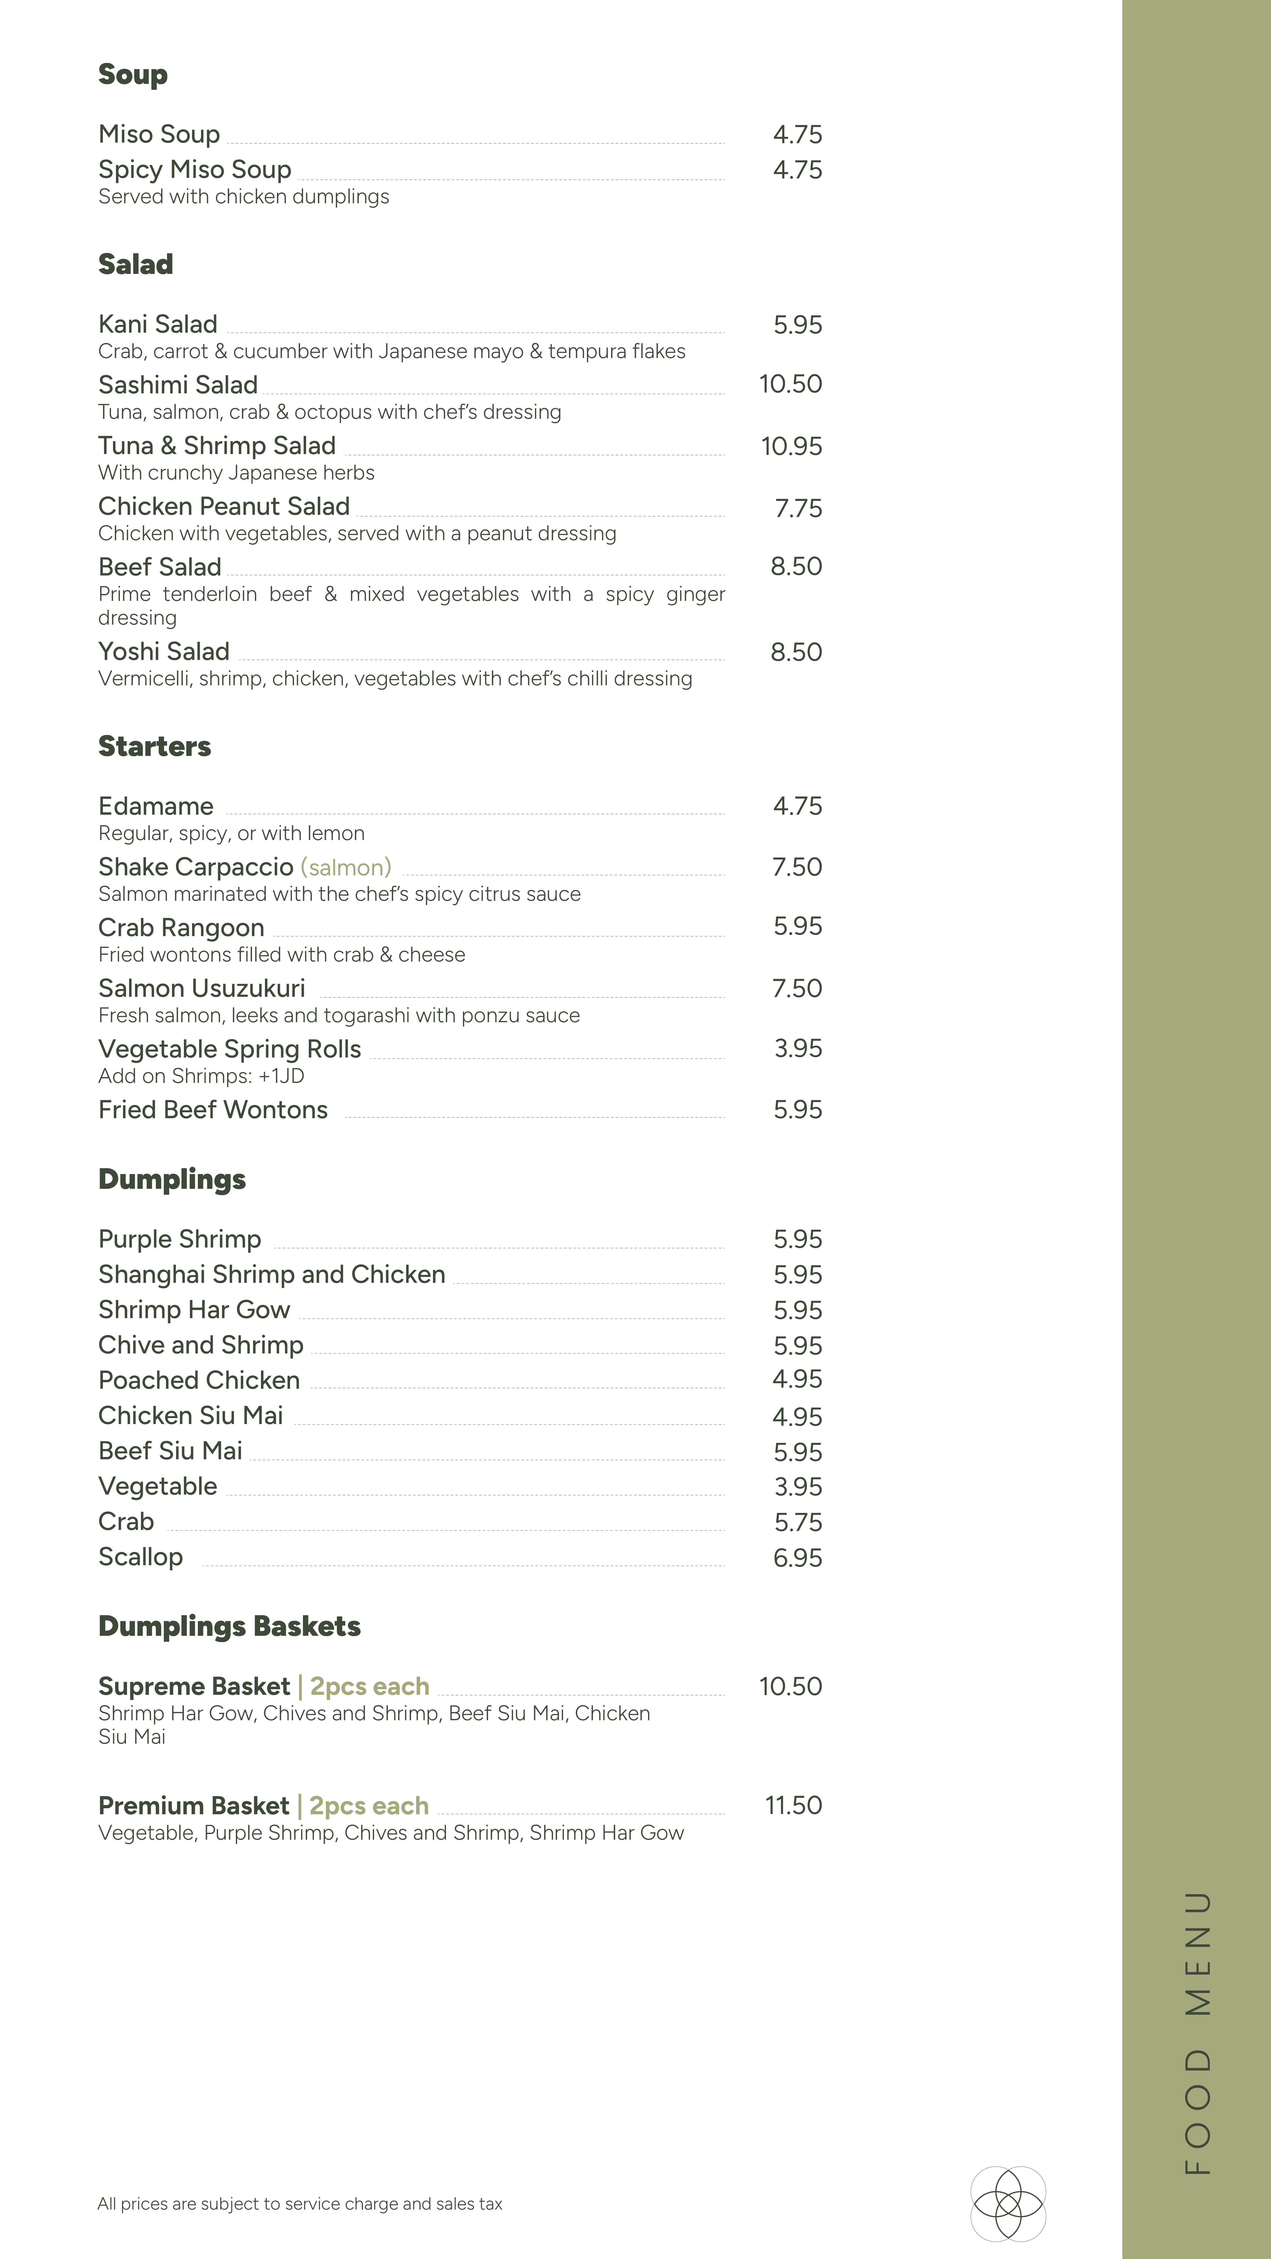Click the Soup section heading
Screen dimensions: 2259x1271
click(x=132, y=75)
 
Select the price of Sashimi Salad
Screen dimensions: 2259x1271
click(x=790, y=384)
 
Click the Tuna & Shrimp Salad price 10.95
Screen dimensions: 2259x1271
click(x=791, y=446)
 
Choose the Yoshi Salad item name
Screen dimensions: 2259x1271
click(x=164, y=651)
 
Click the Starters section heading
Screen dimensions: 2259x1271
click(x=154, y=746)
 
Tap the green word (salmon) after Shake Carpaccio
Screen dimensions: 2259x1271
click(x=346, y=867)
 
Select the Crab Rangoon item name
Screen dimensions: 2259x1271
click(x=181, y=928)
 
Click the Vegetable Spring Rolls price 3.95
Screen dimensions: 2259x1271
click(x=797, y=1049)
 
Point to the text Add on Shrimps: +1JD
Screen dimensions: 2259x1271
click(x=201, y=1076)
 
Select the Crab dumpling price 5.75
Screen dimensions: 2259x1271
click(x=797, y=1522)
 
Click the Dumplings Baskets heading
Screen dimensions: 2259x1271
click(x=229, y=1627)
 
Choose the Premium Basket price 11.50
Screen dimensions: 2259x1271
click(x=793, y=1806)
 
